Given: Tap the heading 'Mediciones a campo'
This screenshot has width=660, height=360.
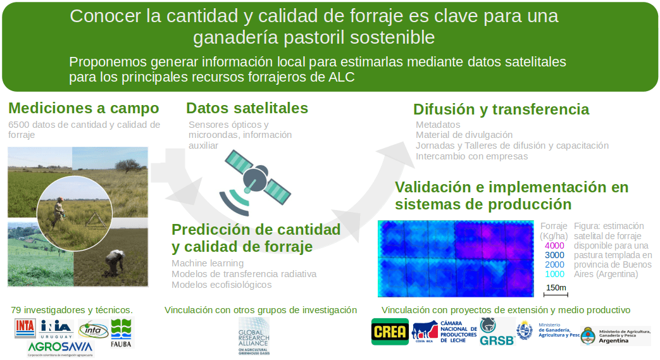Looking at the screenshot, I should (x=84, y=108).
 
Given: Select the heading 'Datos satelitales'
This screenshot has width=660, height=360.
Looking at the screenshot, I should (x=247, y=108).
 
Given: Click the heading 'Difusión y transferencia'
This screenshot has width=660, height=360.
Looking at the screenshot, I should (x=501, y=109).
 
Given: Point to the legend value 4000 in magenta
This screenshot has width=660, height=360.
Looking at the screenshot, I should (x=554, y=245).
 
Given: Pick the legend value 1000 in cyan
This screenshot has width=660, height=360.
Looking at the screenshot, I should (x=554, y=274).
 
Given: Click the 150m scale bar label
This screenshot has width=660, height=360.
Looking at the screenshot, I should (x=556, y=288).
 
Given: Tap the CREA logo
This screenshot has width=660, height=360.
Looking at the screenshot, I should (x=390, y=331).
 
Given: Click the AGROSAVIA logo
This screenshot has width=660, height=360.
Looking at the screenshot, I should (x=61, y=347).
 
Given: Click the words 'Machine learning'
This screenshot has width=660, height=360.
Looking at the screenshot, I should (x=208, y=263).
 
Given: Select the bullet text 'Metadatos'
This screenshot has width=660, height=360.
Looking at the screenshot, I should (x=438, y=125).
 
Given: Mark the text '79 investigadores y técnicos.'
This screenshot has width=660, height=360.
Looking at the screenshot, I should (x=72, y=310).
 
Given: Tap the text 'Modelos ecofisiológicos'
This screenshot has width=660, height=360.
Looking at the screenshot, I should (x=221, y=285).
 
